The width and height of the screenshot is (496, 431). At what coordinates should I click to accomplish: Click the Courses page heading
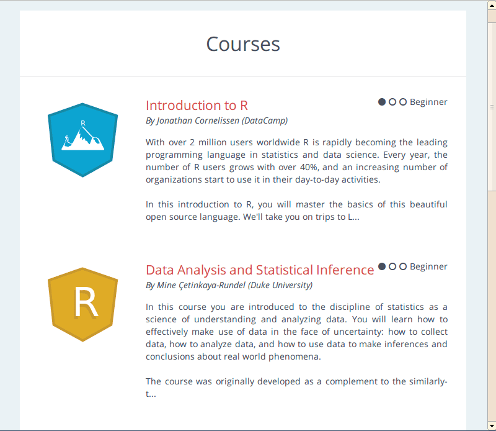[x=243, y=44]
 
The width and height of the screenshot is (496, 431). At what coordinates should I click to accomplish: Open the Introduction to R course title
[x=197, y=105]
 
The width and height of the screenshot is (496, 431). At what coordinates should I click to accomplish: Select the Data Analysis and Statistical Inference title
[x=260, y=270]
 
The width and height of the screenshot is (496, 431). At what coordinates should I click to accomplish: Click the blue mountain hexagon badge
[x=82, y=139]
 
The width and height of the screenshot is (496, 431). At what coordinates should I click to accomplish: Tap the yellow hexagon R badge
[x=82, y=304]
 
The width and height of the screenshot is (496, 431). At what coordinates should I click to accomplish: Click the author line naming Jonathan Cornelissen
[x=216, y=120]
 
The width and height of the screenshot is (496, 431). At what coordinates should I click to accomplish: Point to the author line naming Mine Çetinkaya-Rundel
[x=229, y=285]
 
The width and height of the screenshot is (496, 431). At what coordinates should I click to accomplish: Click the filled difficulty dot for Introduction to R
[x=382, y=102]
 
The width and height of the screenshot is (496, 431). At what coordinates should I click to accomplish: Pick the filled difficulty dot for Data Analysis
[x=382, y=266]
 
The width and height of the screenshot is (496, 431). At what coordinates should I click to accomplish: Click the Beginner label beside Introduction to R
[x=428, y=102]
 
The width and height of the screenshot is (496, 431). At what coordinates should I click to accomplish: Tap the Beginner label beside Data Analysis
[x=428, y=266]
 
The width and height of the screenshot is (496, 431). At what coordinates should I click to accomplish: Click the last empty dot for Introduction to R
[x=403, y=102]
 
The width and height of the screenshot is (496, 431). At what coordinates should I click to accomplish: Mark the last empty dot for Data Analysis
[x=403, y=266]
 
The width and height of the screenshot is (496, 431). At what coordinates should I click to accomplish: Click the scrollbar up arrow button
[x=491, y=5]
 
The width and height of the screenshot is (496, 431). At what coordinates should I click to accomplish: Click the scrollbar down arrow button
[x=491, y=426]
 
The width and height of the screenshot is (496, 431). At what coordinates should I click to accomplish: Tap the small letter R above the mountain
[x=83, y=123]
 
